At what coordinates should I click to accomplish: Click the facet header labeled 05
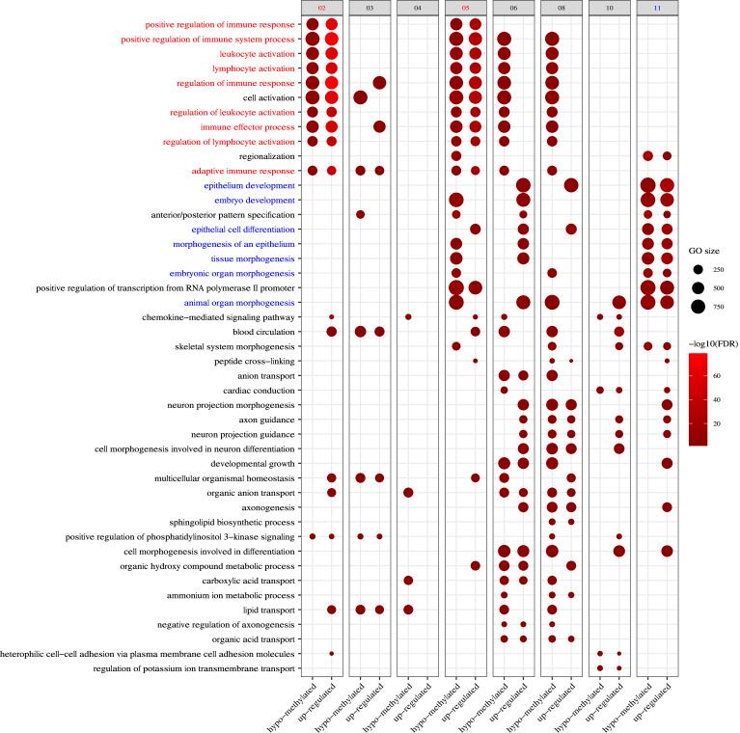click(x=466, y=8)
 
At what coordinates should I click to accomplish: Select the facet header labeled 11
click(x=657, y=8)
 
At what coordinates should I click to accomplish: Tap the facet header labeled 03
click(x=370, y=8)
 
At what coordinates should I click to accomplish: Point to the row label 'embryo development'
click(x=248, y=200)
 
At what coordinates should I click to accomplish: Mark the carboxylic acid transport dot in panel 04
click(x=408, y=581)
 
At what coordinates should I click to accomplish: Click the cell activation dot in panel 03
click(x=360, y=97)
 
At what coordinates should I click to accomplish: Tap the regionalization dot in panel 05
click(x=455, y=155)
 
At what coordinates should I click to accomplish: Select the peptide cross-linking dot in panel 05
click(x=476, y=360)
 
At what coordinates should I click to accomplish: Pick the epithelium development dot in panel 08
click(x=571, y=185)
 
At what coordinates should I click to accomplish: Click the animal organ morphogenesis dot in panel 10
click(x=619, y=302)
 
